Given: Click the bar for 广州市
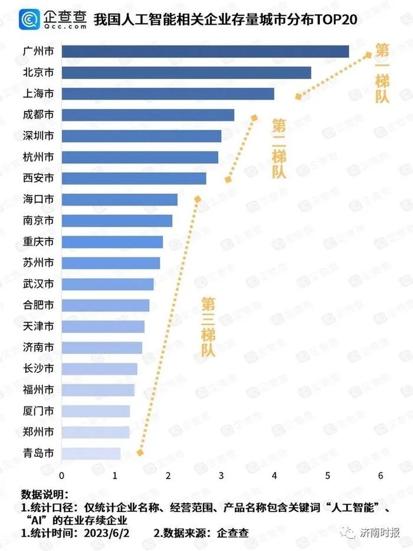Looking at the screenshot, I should click(205, 51).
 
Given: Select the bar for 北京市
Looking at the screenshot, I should click(186, 72).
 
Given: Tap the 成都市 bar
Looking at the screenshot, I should click(148, 115).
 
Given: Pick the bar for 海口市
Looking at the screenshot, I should click(119, 199).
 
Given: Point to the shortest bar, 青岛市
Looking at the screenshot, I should click(91, 454).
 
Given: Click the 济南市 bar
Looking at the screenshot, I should click(102, 347).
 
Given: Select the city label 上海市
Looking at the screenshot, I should click(38, 93).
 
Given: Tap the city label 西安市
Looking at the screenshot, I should click(38, 178).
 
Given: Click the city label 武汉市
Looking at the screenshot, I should click(38, 284).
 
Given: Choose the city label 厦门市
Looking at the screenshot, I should click(38, 411).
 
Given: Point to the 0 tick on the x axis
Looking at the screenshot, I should click(62, 476).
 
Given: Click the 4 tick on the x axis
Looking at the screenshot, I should click(274, 476).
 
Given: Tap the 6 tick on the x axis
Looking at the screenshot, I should click(380, 476).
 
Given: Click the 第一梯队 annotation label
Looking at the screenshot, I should click(382, 73).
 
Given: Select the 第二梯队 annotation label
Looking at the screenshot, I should click(279, 149).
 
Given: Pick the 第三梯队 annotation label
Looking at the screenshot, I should click(208, 327).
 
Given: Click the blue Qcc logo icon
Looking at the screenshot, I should click(29, 19).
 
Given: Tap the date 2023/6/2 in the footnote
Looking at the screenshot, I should click(107, 533).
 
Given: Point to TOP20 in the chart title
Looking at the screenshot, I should click(335, 19).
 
